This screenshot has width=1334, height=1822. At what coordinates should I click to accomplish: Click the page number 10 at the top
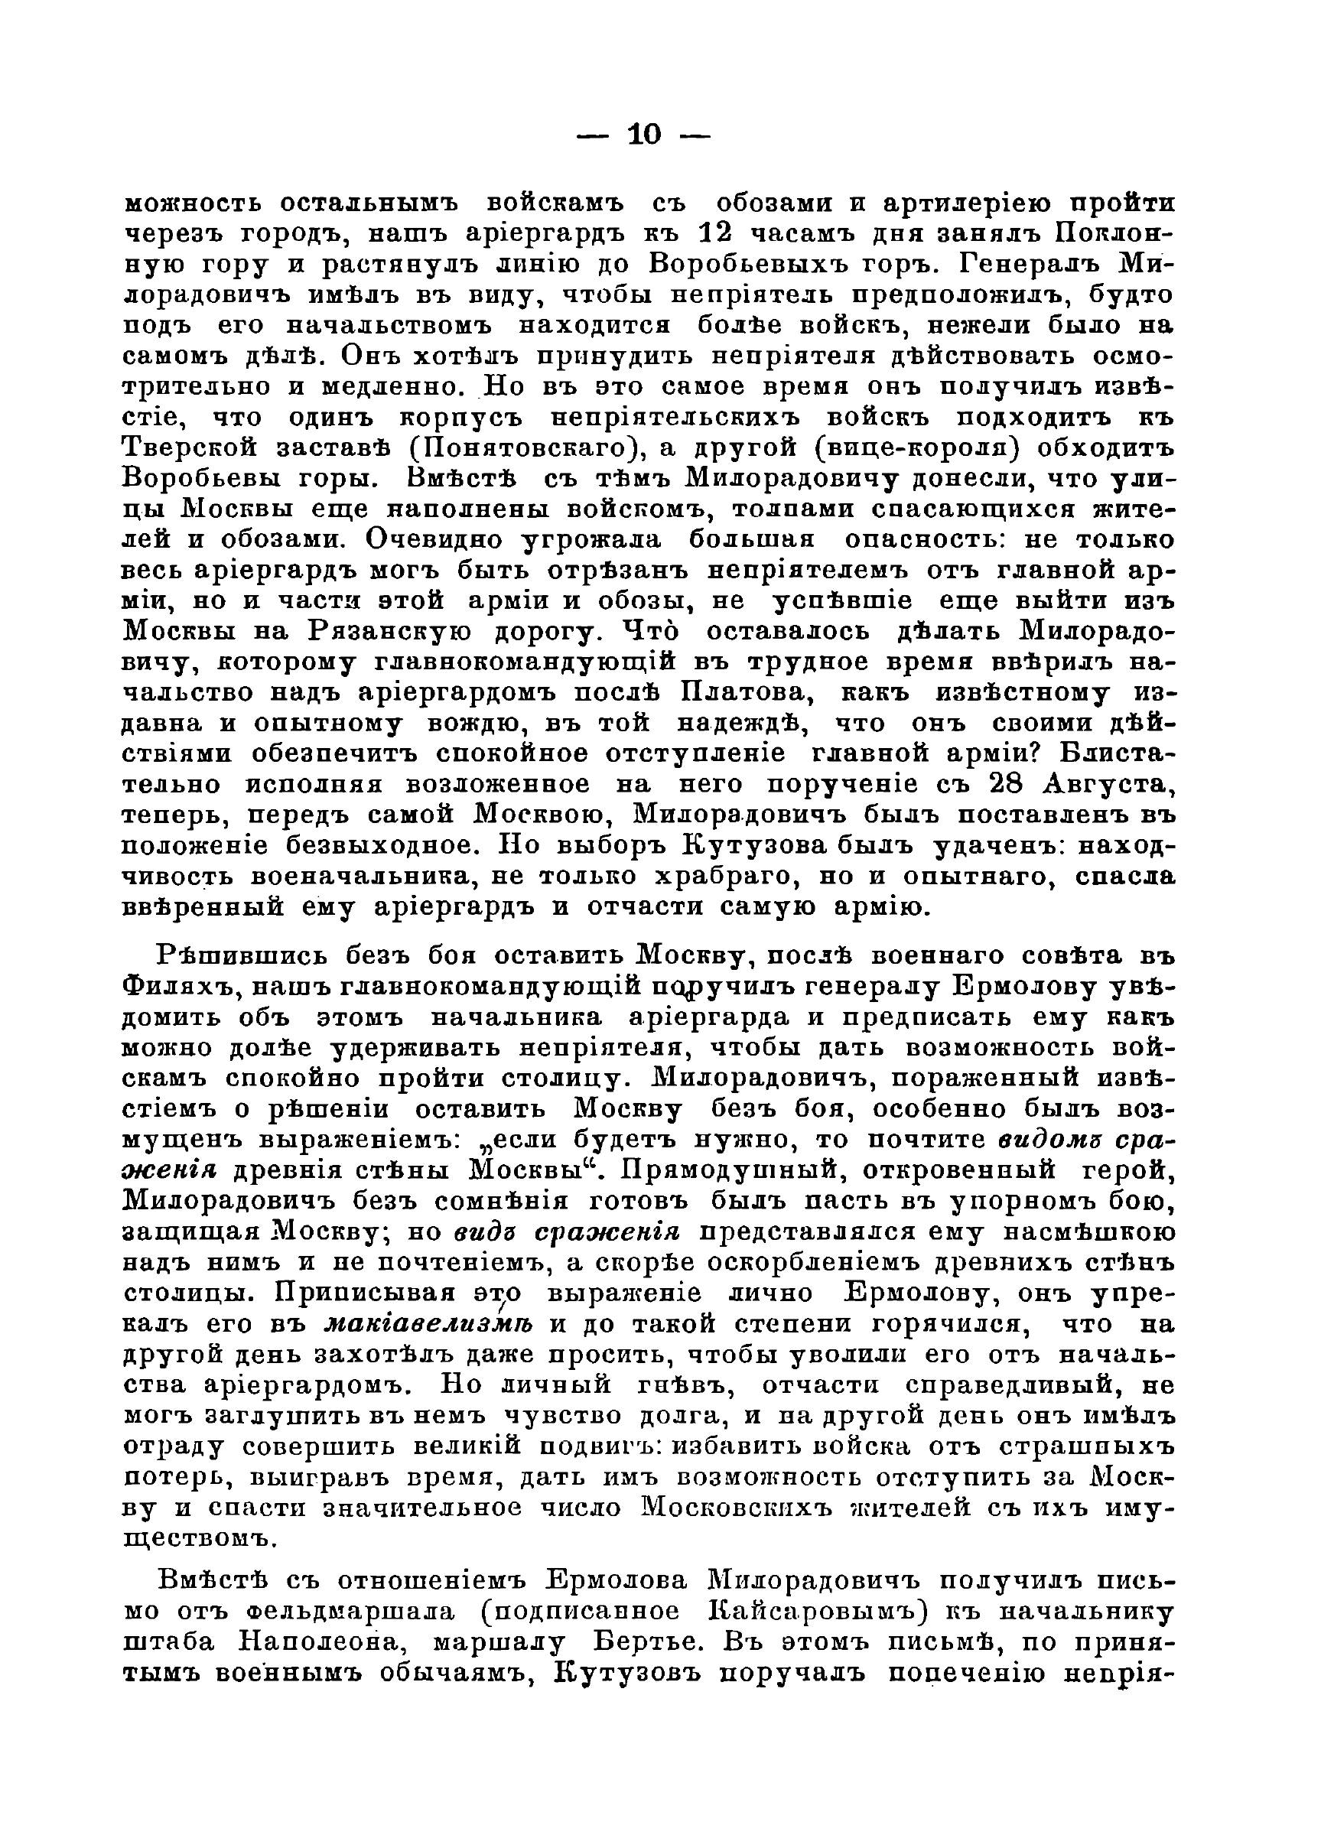coord(643,134)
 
